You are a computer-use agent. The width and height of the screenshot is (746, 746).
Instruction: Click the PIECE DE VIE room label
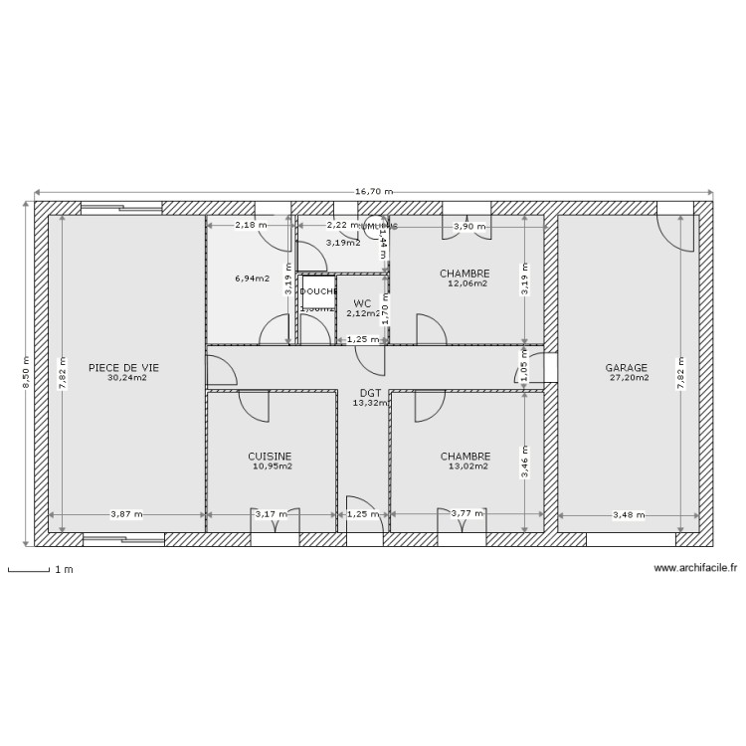[x=122, y=367]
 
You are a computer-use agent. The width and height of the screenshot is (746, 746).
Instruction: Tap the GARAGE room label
[x=627, y=367]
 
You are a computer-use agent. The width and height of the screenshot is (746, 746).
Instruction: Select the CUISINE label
[x=270, y=456]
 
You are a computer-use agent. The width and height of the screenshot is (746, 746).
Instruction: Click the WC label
[x=362, y=303]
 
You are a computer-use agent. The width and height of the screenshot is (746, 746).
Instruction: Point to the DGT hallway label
[x=370, y=393]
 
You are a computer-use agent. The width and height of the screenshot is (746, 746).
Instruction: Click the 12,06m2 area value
[x=466, y=283]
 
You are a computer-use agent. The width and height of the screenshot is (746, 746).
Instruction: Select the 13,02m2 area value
[x=466, y=466]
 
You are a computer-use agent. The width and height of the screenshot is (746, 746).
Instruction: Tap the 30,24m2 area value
[x=126, y=378]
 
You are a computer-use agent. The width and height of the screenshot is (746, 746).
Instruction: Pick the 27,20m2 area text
[x=628, y=378]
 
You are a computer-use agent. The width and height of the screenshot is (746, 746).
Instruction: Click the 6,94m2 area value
[x=252, y=279]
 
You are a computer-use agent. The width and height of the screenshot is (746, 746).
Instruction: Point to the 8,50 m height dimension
[x=26, y=374]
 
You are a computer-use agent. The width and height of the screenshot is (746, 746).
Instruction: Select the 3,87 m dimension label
[x=126, y=515]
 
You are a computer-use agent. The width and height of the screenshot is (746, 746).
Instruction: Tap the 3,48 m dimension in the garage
[x=628, y=515]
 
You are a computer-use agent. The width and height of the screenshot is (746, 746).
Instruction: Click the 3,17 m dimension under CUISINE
[x=271, y=515]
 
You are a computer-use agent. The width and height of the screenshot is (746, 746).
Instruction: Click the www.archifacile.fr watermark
[x=695, y=567]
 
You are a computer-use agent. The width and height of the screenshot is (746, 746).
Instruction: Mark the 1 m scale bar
[x=30, y=571]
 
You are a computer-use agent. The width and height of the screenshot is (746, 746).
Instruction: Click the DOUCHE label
[x=318, y=291]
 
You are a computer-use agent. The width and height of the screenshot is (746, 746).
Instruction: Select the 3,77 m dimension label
[x=466, y=515]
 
